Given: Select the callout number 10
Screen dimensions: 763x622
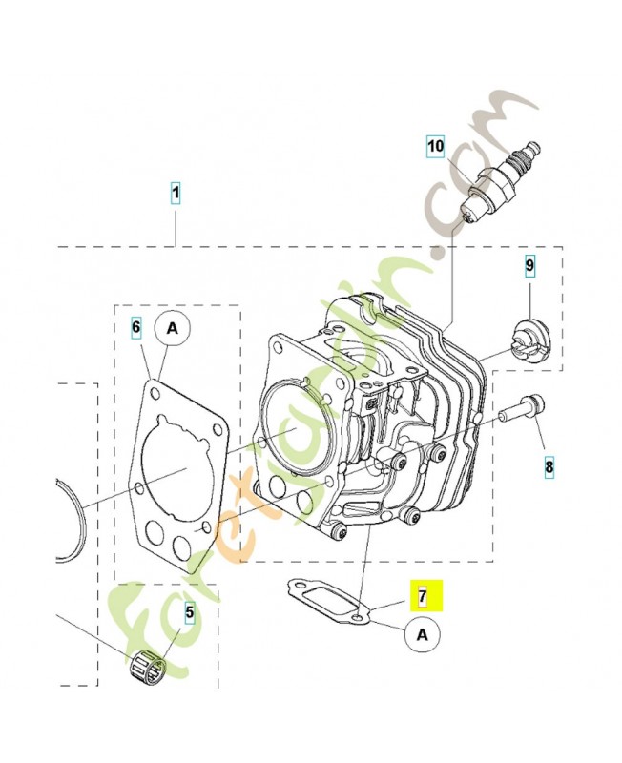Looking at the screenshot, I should tap(435, 146).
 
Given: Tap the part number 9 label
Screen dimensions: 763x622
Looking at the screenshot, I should tap(529, 263).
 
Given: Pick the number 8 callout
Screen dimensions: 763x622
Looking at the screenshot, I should tap(549, 467).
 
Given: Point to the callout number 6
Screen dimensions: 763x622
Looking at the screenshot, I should tap(136, 328).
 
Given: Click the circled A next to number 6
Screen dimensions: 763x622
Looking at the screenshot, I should tap(173, 328).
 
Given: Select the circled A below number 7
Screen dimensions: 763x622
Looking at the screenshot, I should tap(423, 631).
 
